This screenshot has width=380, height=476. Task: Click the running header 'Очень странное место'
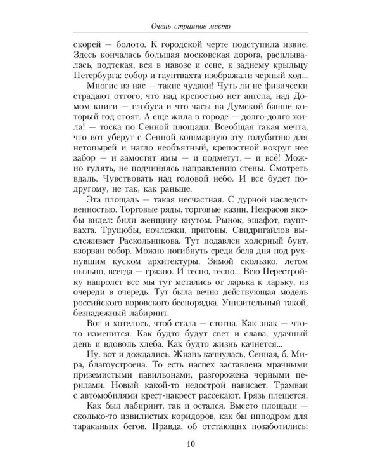coord(190,27)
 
